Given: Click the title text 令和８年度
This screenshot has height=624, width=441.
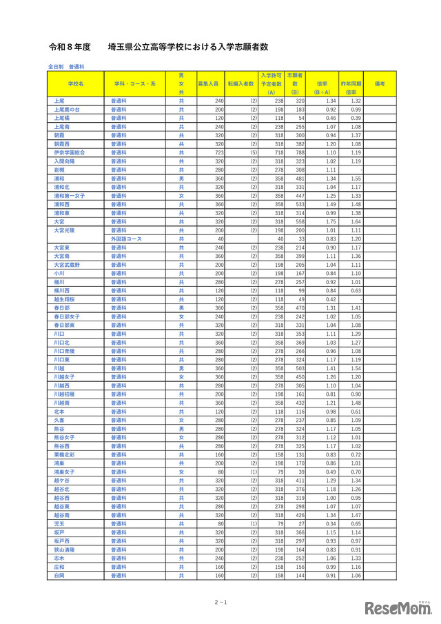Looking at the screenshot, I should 70,48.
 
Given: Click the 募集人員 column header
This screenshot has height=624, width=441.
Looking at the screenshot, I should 207,83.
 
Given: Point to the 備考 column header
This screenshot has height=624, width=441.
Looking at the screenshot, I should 380,83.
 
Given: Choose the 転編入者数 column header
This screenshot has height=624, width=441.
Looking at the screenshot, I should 240,83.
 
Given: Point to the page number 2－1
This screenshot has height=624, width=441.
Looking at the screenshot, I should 220,602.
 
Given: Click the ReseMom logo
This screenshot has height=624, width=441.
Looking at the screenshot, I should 399,607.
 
